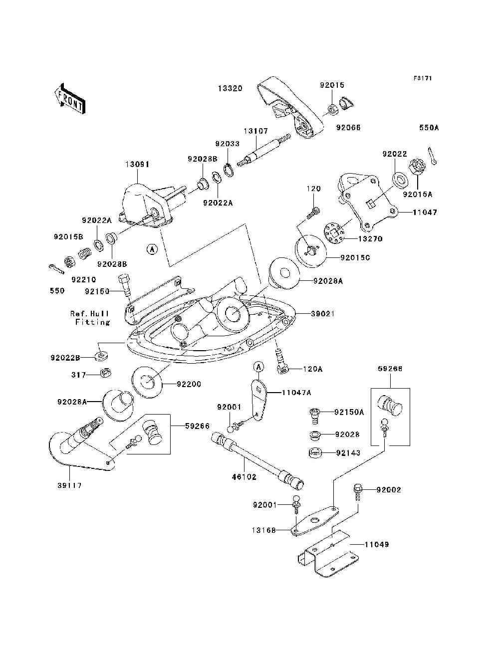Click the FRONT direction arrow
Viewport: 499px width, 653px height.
pos(70,98)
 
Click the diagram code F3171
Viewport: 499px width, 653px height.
pos(423,78)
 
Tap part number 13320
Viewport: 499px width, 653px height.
pos(230,88)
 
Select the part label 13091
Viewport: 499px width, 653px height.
pos(137,164)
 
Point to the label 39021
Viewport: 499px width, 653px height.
pos(323,314)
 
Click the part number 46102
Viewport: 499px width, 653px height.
pos(244,477)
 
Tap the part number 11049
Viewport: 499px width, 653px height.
pos(377,545)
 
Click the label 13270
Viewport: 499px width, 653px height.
pos(370,239)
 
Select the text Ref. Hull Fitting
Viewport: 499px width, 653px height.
pos(90,318)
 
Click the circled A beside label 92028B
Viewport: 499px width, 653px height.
pos(152,249)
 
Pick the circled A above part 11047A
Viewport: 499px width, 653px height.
pos(258,367)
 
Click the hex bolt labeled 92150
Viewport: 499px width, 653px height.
pos(124,285)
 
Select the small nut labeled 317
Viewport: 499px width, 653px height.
pos(104,373)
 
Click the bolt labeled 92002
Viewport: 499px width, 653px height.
pos(357,493)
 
